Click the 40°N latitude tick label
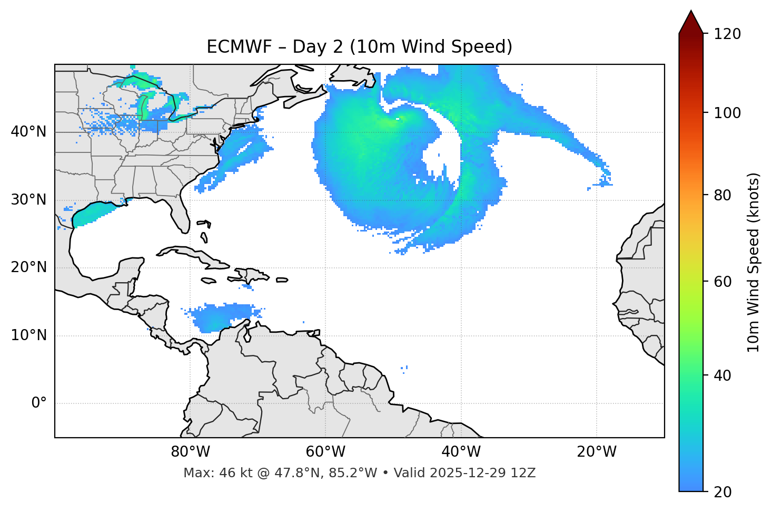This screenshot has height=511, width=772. [28, 132]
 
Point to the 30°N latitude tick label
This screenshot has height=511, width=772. [28, 200]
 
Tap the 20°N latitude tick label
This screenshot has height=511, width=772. [28, 267]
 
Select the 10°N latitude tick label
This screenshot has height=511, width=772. [28, 335]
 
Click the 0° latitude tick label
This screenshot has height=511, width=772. [39, 403]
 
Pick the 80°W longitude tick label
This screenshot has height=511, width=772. [190, 452]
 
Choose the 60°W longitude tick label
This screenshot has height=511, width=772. [325, 452]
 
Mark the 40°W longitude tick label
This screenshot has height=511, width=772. [461, 452]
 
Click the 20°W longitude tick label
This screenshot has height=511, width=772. [597, 452]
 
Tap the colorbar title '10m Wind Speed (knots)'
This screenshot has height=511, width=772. [754, 263]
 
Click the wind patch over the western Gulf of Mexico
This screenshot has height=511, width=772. [92, 214]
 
